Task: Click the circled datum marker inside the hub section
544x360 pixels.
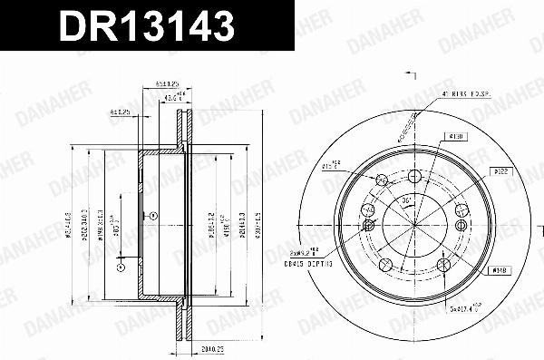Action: pos(154,216)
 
